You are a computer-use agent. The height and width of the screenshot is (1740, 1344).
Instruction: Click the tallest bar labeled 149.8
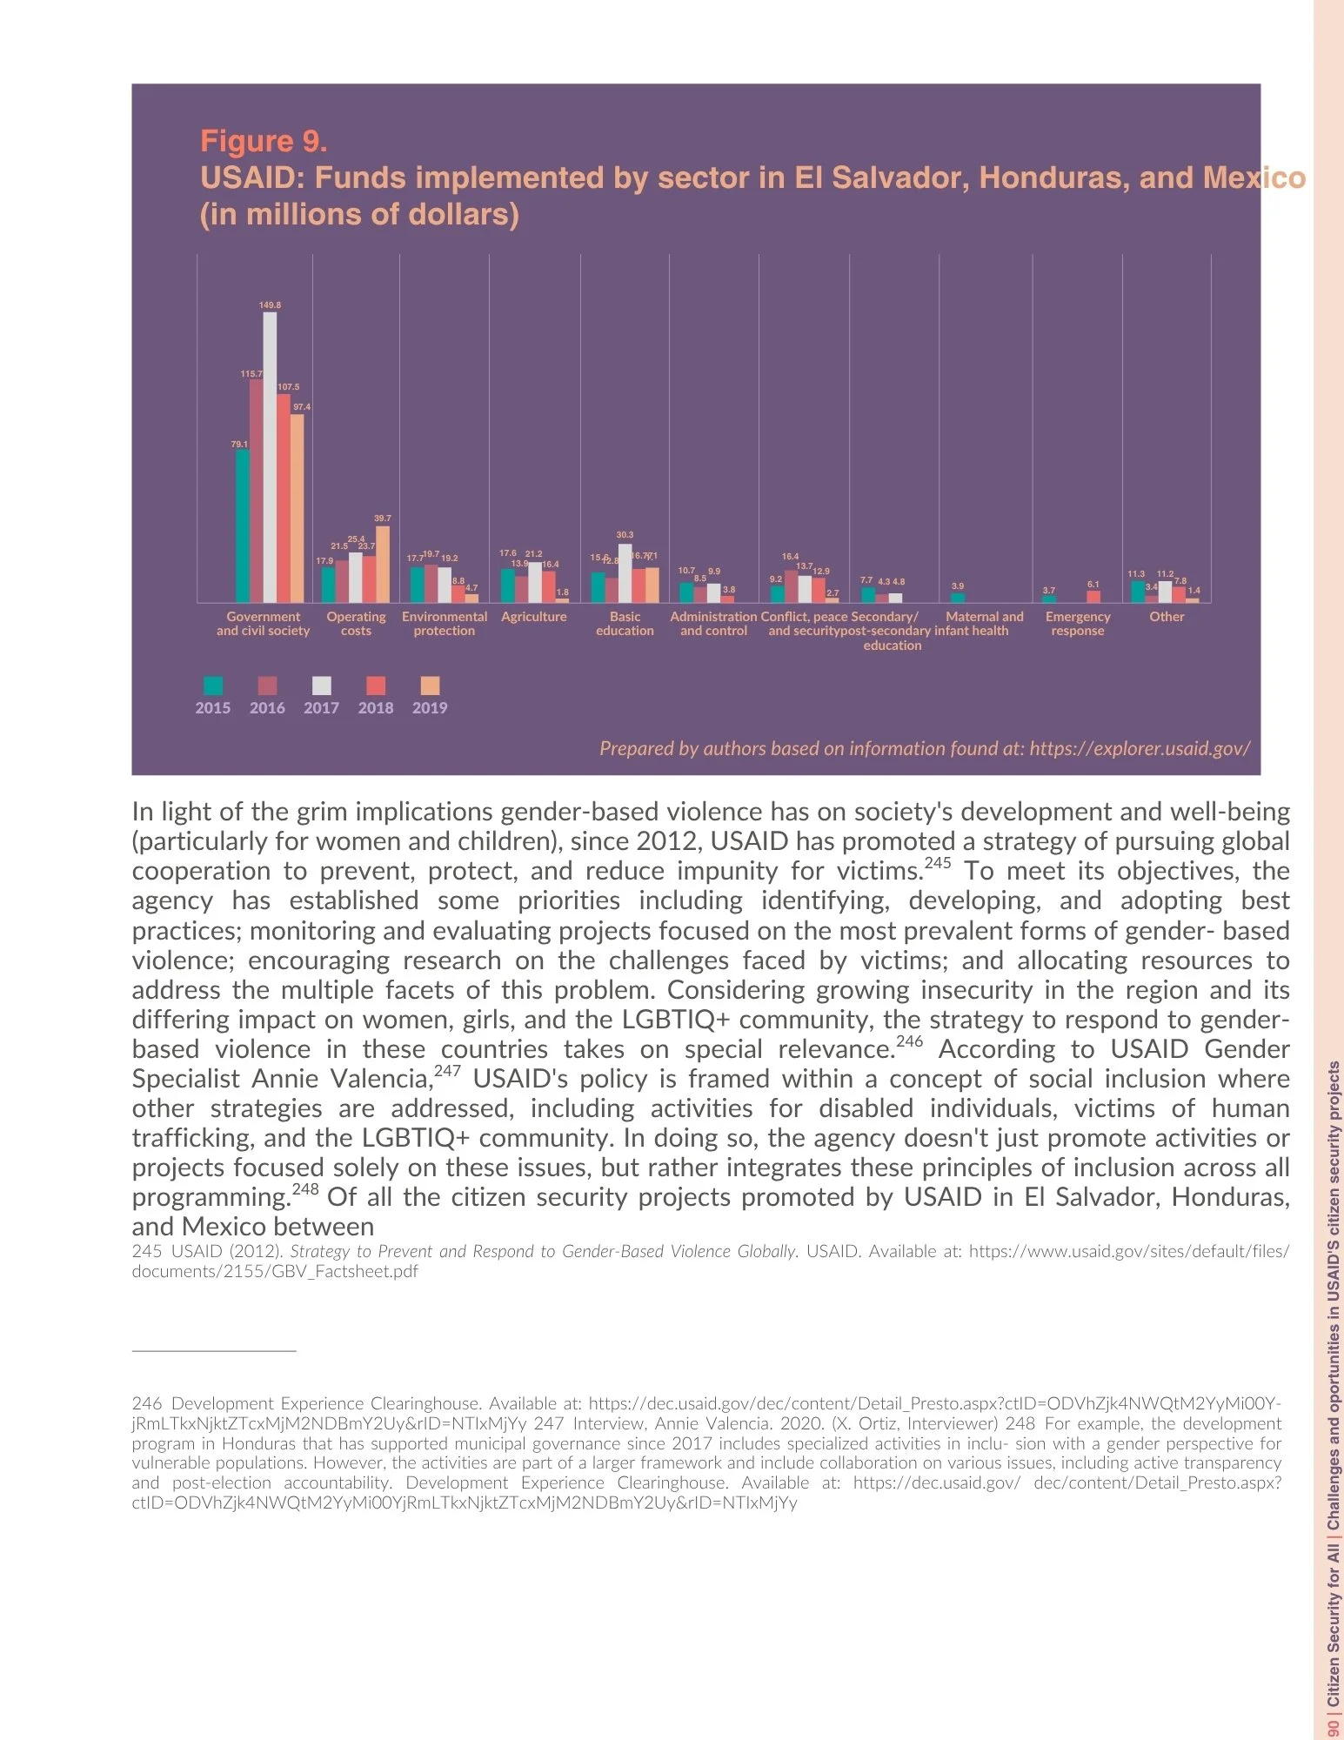(270, 457)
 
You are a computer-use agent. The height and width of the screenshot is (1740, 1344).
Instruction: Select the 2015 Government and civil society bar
(243, 525)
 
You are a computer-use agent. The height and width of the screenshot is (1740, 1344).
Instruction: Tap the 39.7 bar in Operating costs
(383, 565)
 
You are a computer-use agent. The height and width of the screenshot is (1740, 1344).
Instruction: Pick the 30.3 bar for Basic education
(625, 573)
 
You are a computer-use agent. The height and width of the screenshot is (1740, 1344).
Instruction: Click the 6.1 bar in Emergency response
(1093, 597)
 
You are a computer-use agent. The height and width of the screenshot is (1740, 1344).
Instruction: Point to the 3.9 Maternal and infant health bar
(958, 598)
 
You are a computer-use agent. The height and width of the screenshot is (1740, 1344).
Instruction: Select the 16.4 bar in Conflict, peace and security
(791, 587)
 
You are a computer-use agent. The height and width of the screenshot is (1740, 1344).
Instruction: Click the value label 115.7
(251, 374)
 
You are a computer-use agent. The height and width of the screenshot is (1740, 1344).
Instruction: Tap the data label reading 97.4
(302, 407)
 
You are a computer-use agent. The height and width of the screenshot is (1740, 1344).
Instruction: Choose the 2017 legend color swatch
(321, 686)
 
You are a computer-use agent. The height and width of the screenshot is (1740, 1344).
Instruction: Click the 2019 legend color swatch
(430, 686)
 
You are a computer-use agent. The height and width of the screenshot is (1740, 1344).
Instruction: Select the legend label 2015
(213, 708)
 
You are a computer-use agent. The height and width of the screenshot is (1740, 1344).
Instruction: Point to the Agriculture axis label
(534, 617)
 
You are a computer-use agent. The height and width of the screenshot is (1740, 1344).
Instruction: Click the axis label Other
(1167, 617)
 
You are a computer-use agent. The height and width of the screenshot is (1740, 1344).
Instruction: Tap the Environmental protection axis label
(445, 624)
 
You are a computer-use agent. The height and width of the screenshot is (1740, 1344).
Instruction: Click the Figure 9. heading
(264, 141)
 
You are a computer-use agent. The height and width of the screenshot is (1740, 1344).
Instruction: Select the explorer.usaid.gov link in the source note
(1140, 749)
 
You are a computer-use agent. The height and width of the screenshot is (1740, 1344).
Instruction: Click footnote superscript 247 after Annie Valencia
(447, 1071)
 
